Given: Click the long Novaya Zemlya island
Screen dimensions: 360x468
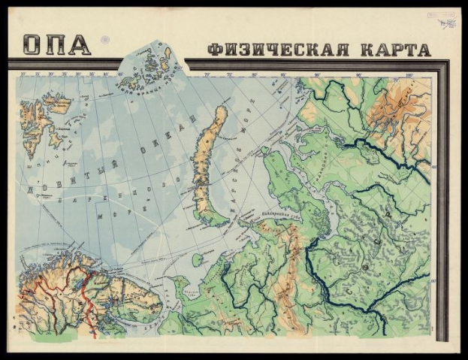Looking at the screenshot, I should click(207, 162).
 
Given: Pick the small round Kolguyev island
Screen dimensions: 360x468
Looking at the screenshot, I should click(196, 260).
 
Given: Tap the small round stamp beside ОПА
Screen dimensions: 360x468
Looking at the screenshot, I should click(105, 40).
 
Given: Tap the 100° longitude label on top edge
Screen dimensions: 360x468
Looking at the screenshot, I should click(409, 74).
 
